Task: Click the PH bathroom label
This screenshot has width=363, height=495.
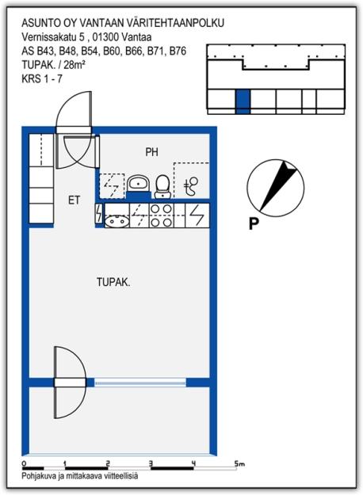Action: (151, 151)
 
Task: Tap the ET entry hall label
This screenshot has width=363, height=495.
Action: (74, 200)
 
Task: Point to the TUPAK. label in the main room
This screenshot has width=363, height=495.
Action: (113, 282)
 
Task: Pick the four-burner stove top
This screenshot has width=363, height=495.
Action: (162, 215)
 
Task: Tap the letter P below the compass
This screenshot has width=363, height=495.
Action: (254, 223)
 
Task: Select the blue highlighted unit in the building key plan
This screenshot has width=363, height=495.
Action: (243, 101)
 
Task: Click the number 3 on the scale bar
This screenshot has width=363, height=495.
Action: (151, 463)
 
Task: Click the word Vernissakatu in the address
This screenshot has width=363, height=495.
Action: (47, 36)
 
